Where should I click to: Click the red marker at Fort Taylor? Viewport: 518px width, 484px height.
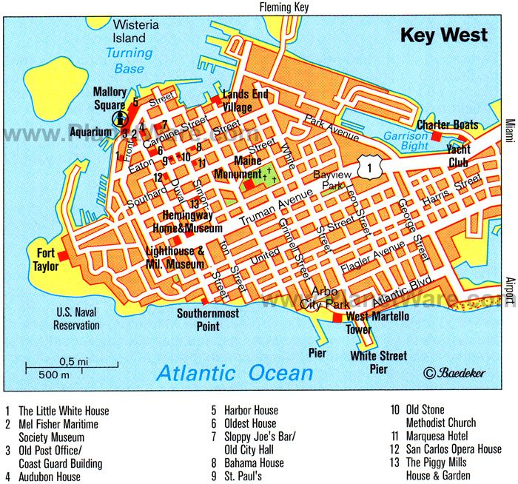point(64,255)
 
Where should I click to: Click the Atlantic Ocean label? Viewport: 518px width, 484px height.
point(235,372)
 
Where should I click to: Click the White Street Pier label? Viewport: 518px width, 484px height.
point(378,361)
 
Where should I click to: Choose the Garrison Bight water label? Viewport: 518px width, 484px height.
point(406,141)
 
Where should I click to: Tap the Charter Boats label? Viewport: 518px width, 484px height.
point(447,124)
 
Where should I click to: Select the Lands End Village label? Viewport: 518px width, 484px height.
point(245,101)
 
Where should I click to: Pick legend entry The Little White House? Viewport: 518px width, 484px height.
point(63,411)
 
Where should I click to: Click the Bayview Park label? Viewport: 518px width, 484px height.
point(328,180)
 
